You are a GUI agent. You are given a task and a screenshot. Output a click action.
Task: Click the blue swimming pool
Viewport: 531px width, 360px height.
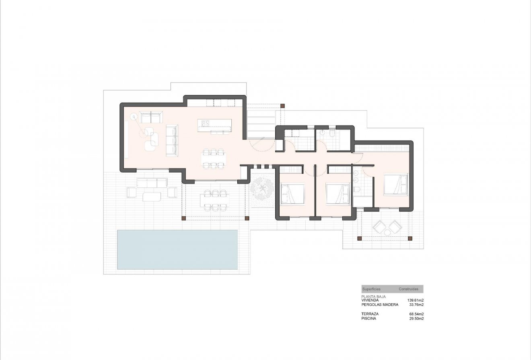click(177, 249)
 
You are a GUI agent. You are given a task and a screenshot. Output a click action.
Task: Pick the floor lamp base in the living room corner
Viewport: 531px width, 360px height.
click(134, 117)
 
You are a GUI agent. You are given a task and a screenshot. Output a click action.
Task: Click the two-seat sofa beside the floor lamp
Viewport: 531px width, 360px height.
click(150, 117)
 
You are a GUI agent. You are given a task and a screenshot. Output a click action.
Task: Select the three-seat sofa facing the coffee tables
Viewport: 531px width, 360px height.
click(172, 140)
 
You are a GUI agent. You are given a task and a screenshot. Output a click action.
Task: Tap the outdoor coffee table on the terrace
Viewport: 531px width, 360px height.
click(151, 196)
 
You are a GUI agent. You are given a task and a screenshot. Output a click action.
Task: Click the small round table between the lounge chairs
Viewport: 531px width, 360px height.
click(387, 232)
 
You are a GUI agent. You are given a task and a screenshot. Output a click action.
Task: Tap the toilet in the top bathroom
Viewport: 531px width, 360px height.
click(331, 133)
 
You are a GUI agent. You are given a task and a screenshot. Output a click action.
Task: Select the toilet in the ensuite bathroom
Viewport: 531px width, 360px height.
click(356, 189)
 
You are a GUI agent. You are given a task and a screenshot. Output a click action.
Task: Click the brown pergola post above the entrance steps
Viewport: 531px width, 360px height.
click(282, 106)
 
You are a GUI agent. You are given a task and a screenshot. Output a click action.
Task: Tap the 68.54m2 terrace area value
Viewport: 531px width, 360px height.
click(416, 314)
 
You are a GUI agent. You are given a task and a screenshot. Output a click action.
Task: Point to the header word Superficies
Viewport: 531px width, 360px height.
click(371, 289)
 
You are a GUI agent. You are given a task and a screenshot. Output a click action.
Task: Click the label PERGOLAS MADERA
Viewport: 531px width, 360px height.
click(380, 304)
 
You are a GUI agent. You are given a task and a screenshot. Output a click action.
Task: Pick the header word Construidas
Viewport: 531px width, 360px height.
click(408, 289)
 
